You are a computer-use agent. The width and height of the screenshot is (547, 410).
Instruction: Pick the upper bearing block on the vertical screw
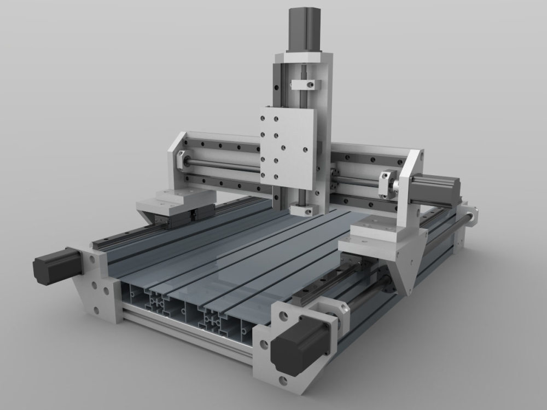pos(304,85)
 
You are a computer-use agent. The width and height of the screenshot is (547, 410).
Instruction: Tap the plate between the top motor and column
pos(304,56)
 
